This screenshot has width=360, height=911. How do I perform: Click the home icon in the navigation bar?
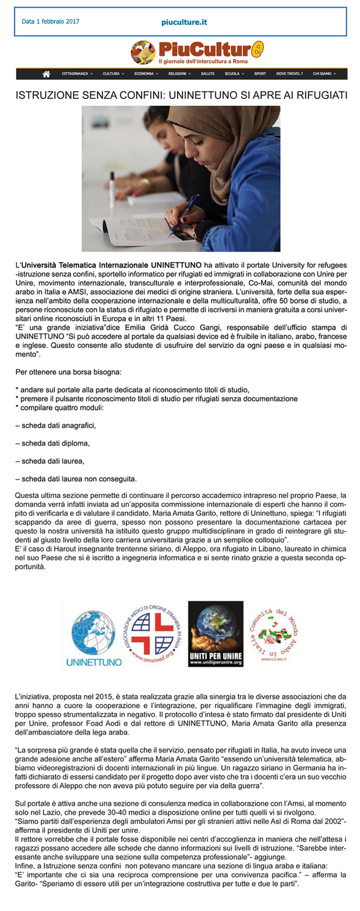46,74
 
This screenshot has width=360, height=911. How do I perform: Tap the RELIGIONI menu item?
179,74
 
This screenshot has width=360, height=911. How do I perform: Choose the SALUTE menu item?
208,74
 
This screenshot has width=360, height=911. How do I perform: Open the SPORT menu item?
260,74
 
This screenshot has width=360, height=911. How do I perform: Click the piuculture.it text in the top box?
184,22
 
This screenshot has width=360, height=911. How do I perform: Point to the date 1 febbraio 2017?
50,22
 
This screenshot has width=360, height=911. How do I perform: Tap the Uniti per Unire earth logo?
215,633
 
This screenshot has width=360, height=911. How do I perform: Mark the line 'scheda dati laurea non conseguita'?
76,479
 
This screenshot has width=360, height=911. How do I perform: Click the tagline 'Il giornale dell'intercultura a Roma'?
203,62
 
